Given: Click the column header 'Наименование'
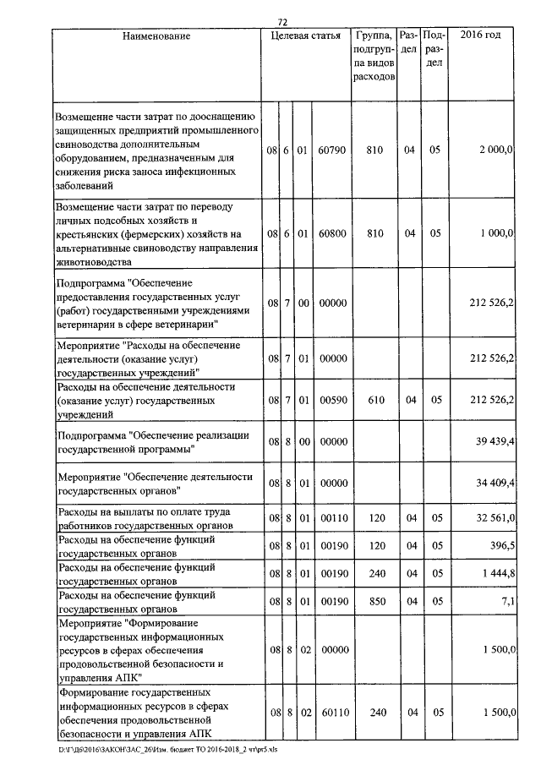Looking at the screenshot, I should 156,36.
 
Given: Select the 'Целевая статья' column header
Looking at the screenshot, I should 305,36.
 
